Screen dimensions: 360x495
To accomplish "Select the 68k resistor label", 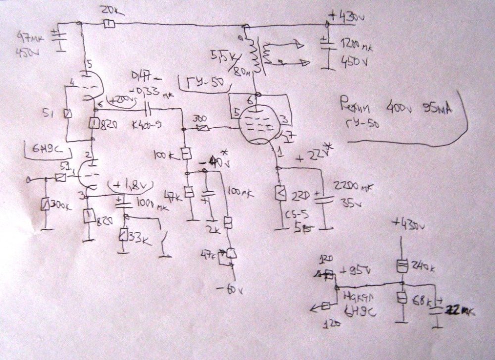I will click(x=420, y=300).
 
